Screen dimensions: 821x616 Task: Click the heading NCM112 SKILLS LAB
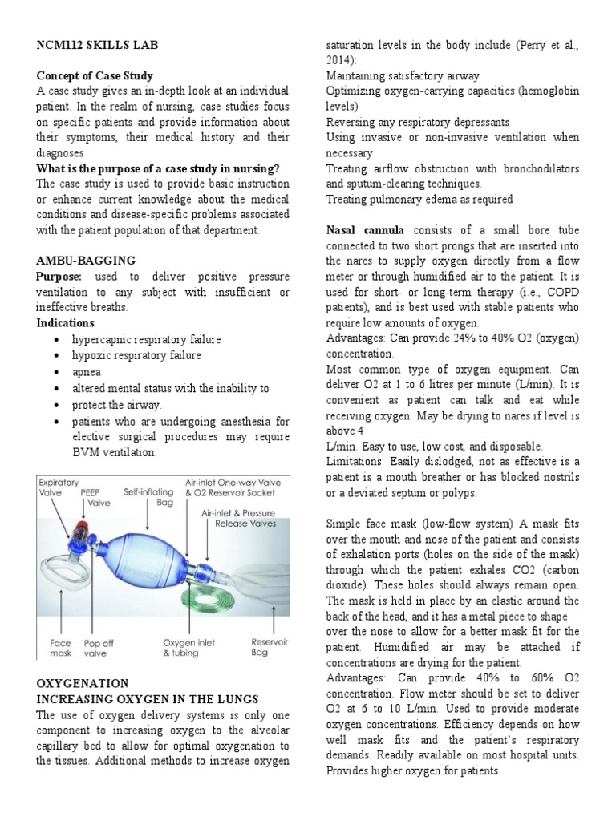click(97, 46)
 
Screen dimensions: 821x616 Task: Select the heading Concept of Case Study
click(95, 76)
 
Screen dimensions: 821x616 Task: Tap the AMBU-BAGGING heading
click(86, 261)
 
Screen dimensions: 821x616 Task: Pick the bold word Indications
click(66, 323)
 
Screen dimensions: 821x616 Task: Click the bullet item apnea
click(87, 371)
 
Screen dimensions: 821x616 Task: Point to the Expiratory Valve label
click(60, 490)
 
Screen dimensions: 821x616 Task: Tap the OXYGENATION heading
click(83, 684)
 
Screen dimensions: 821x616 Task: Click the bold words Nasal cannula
click(365, 230)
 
